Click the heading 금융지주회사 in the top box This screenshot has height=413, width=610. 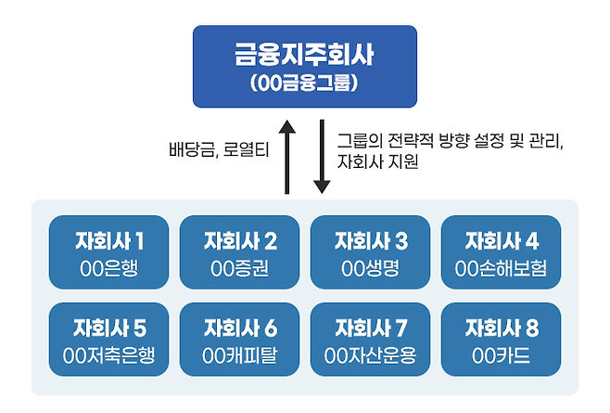click(304, 54)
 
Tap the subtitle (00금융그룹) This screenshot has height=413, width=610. click(304, 84)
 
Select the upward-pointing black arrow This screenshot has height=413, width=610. click(287, 157)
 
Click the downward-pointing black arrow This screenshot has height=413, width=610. click(322, 157)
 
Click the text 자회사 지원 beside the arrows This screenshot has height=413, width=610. click(377, 161)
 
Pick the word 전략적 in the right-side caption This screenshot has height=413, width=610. click(411, 141)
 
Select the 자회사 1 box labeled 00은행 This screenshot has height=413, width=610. click(109, 252)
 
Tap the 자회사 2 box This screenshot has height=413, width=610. click(239, 252)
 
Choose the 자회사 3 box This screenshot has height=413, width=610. click(371, 252)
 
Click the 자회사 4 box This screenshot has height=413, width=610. click(501, 252)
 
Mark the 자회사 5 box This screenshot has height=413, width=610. click(109, 340)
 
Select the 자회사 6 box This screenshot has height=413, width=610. click(239, 340)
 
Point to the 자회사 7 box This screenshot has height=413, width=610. click(371, 340)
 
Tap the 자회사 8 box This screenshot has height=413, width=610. click(501, 340)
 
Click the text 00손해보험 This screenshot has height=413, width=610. click(501, 268)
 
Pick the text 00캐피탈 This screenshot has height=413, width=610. click(239, 355)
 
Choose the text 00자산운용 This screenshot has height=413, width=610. click(371, 355)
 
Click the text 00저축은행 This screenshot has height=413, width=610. click(109, 355)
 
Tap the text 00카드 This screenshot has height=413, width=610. click(501, 355)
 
